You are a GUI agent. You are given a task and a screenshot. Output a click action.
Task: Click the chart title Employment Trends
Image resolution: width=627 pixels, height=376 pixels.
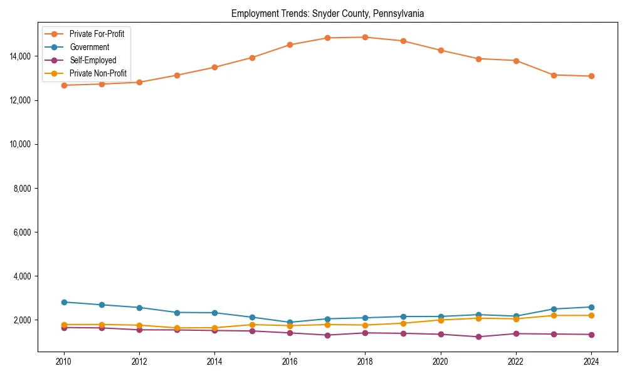point(328,13)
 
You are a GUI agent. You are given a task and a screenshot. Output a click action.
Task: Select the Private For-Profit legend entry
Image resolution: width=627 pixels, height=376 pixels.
point(97,34)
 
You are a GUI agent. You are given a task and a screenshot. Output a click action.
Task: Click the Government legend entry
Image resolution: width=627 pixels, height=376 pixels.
point(89,47)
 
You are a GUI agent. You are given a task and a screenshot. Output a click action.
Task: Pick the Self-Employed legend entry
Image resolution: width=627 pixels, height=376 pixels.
point(93,60)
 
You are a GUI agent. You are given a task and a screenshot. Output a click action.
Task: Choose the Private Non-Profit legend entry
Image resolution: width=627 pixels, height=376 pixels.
point(98,73)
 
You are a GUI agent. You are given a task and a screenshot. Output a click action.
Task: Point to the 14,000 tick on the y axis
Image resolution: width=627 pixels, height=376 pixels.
point(21,56)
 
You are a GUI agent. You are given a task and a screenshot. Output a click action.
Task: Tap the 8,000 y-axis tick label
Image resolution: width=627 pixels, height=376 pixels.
point(23,188)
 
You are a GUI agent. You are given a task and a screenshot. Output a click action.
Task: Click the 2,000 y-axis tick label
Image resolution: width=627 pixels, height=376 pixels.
point(23,320)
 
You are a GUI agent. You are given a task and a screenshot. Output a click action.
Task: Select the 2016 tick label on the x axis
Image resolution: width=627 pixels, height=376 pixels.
point(290,362)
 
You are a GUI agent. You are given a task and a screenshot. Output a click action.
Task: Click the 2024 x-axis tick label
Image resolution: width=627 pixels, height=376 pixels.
point(591,362)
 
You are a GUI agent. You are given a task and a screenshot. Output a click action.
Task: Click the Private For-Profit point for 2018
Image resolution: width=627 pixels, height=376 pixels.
point(365,37)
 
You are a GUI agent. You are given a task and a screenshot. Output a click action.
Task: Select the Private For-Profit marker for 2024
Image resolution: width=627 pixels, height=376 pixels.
point(591,76)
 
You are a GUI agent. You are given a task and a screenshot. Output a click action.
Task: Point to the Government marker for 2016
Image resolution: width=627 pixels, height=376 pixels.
point(290,322)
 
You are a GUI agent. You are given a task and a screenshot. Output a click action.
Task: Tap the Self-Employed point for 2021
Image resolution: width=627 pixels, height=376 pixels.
point(478,337)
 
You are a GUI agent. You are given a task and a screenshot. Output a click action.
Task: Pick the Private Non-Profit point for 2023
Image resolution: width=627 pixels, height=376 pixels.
point(554,315)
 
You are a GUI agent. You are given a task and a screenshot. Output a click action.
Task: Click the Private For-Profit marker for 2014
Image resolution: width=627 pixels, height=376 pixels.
point(214,67)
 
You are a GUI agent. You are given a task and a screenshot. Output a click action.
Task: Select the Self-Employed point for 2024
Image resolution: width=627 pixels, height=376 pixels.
point(591,335)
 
